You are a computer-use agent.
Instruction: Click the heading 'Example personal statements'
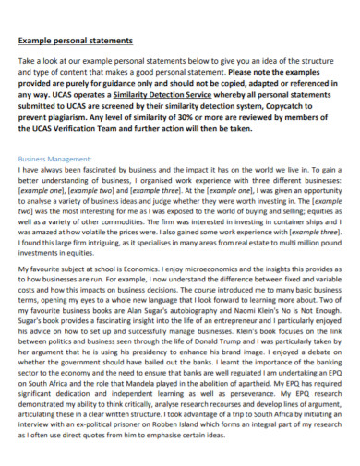pyautogui.click(x=76, y=41)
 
